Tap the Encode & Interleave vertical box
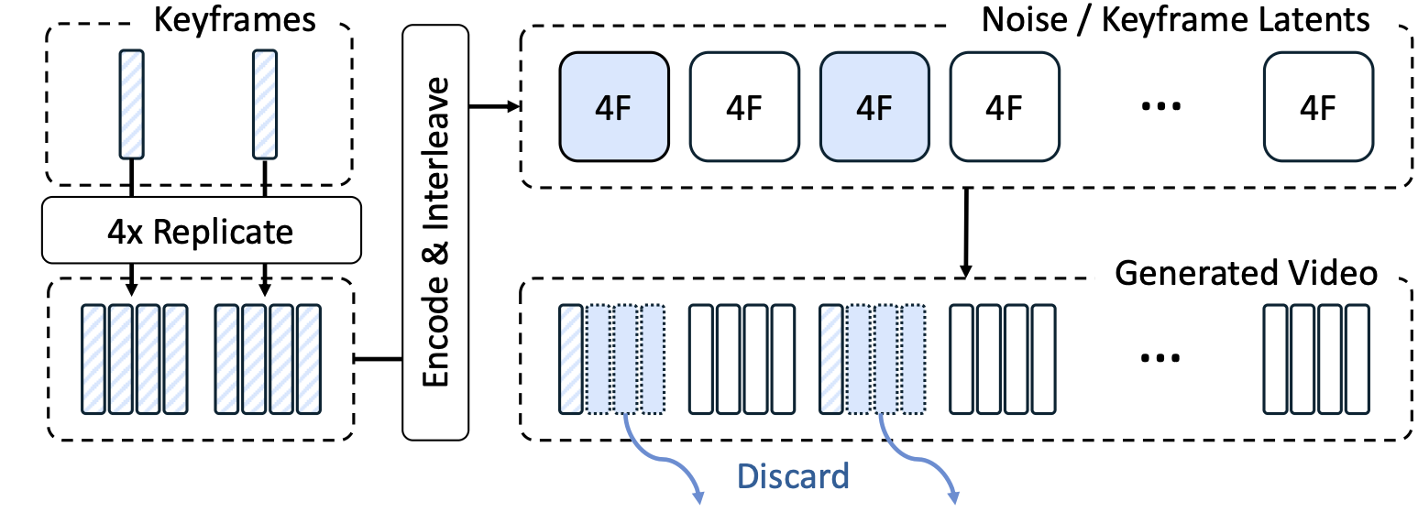click(x=435, y=231)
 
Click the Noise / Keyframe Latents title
click(x=1175, y=19)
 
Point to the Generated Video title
click(x=1246, y=272)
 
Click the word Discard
click(x=793, y=475)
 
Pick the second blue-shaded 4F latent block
click(x=874, y=107)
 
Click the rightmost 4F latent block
click(x=1317, y=107)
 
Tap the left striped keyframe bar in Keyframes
click(x=133, y=104)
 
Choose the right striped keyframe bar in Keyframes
click(x=265, y=104)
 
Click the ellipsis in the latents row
click(x=1159, y=108)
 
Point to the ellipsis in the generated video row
click(x=1159, y=357)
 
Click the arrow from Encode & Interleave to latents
click(x=495, y=107)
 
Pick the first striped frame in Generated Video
click(x=571, y=357)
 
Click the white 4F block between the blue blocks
click(x=743, y=107)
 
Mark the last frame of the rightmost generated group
click(x=1358, y=357)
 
